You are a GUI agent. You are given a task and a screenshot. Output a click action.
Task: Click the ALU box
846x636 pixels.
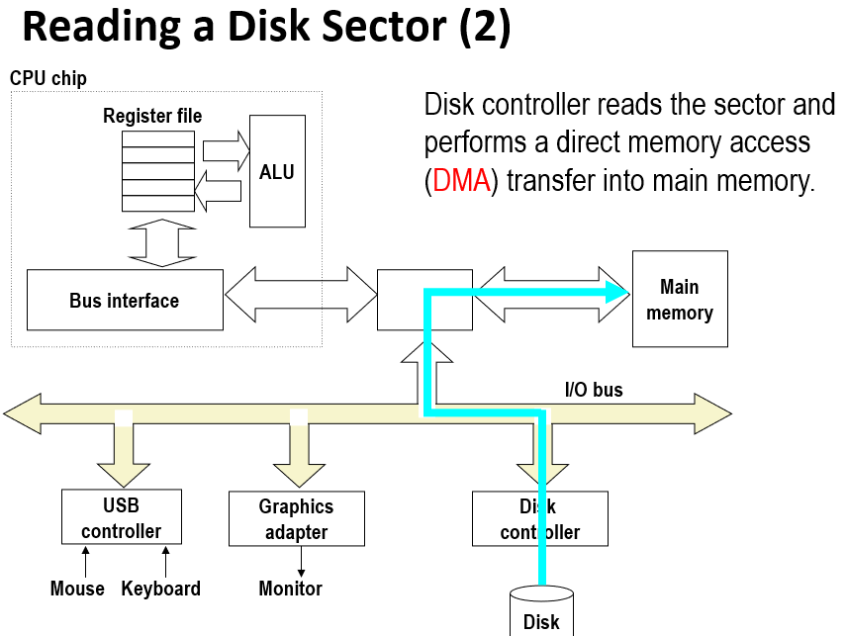(x=277, y=171)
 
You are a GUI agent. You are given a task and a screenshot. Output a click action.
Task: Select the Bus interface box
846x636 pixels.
(x=125, y=300)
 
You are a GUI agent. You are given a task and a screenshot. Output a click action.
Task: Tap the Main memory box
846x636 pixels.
(x=680, y=299)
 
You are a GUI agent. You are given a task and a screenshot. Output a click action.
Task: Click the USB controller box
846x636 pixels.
(x=121, y=518)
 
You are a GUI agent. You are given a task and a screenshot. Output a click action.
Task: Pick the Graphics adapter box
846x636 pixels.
(x=296, y=519)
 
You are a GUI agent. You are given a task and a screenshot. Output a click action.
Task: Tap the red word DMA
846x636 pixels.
(x=462, y=183)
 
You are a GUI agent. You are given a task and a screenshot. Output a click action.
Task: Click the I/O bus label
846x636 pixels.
(x=594, y=390)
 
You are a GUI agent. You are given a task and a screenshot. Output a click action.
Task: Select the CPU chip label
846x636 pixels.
(x=48, y=78)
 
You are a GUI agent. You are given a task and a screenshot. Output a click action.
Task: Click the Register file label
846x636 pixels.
(x=152, y=117)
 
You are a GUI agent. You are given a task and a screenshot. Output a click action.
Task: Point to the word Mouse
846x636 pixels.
(x=77, y=589)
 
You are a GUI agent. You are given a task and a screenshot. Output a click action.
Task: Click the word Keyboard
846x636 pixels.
(x=160, y=589)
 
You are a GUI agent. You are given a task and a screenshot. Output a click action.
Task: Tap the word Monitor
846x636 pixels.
(x=290, y=589)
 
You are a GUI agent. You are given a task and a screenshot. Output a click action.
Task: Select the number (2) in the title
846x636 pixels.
(x=485, y=28)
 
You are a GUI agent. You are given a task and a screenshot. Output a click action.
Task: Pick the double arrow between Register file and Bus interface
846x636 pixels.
(x=158, y=240)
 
